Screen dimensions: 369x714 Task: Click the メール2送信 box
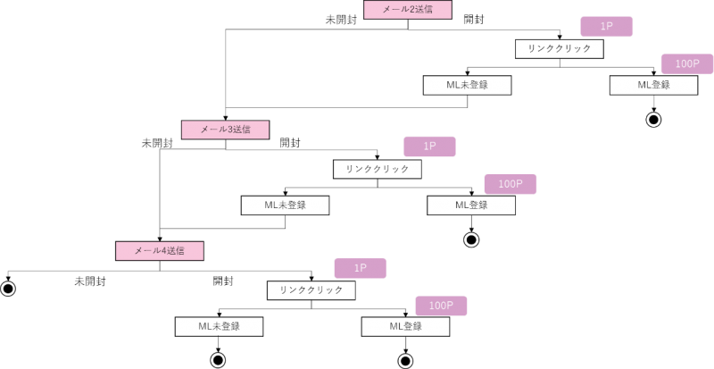[x=407, y=10]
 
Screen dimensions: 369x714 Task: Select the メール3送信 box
[x=225, y=130]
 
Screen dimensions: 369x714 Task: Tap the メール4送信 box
[x=160, y=251]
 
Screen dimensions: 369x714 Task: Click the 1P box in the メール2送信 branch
[x=606, y=27]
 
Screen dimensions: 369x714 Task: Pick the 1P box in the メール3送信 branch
[x=429, y=147]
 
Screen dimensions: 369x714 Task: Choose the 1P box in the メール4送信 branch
[x=360, y=268]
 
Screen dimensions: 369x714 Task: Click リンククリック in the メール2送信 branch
[x=559, y=48]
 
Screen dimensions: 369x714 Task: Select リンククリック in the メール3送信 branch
[x=377, y=169]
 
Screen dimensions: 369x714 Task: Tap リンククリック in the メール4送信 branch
[x=311, y=290]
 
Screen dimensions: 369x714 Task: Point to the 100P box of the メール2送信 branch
[x=687, y=63]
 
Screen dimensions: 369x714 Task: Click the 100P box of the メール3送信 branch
[x=510, y=184]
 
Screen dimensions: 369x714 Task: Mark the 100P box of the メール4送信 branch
[x=441, y=306]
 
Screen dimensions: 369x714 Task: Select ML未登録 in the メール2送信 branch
[x=467, y=85]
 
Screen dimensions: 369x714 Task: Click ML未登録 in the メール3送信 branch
[x=285, y=205]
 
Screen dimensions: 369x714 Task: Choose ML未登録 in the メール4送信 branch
[x=219, y=327]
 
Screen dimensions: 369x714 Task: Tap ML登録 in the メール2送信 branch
[x=653, y=85]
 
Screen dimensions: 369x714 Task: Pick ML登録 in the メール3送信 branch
[x=471, y=205]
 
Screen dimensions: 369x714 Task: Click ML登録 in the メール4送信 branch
[x=405, y=327]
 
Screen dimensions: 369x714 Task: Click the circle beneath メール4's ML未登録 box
[x=218, y=360]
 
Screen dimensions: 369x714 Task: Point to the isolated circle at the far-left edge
[x=8, y=289]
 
